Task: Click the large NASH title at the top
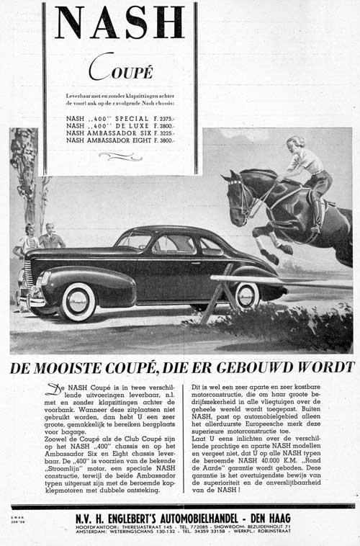120,23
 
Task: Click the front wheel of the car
78,301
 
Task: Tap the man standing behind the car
50,237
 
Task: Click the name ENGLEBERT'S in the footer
145,518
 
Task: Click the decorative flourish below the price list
120,156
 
